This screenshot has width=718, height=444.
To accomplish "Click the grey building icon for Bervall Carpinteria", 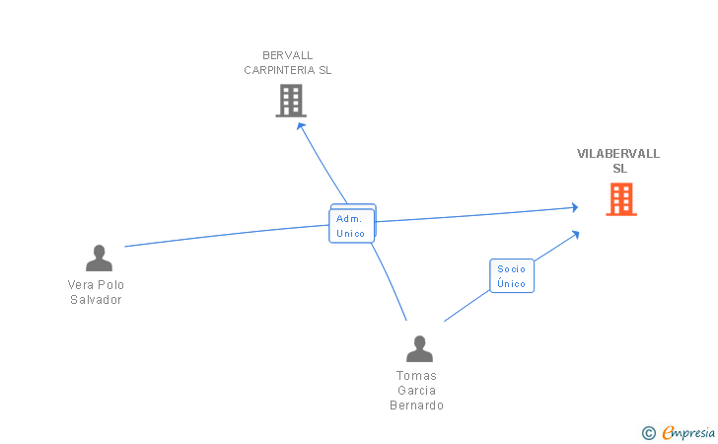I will point(290,100).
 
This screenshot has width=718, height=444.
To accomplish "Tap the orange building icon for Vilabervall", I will point(620,198).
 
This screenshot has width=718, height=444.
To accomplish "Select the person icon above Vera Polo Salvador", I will point(99,259).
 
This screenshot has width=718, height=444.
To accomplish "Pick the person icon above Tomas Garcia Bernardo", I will point(419,349).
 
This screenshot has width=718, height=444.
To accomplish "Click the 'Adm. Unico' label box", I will point(351,226).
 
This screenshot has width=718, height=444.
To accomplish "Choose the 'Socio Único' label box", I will point(512,276).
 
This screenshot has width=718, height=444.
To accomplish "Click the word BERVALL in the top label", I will point(288,55).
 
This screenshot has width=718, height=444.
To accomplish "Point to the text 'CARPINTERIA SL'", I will point(288,70).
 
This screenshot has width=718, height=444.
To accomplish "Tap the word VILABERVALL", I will point(618,154).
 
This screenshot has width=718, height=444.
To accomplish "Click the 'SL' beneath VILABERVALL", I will point(619,169).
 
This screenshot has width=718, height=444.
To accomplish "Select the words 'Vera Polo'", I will point(96,285).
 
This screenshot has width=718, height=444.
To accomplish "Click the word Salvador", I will point(96,300).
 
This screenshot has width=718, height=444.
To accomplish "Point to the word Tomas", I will point(416,376).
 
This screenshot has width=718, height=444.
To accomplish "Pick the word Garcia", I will point(416,391).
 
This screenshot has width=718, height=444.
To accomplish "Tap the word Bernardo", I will point(416,406).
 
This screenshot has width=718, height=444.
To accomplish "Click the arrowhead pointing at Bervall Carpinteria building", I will point(301,125).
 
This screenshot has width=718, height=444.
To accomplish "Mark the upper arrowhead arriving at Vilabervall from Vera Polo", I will point(574,207).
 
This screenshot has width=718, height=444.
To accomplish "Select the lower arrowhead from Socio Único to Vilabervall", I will point(574,234).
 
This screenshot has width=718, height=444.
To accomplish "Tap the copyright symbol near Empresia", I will point(648,432).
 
